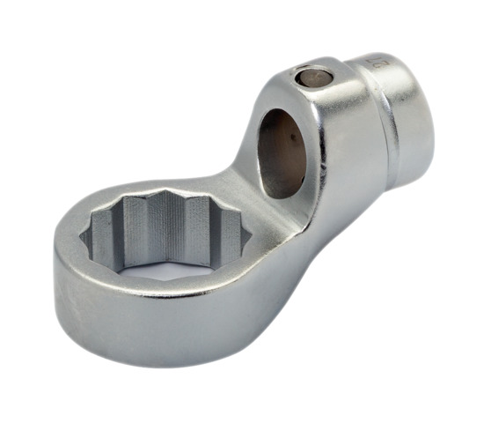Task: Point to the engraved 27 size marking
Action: click(379, 65)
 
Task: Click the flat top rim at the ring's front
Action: click(150, 291)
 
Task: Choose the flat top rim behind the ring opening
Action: click(176, 185)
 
